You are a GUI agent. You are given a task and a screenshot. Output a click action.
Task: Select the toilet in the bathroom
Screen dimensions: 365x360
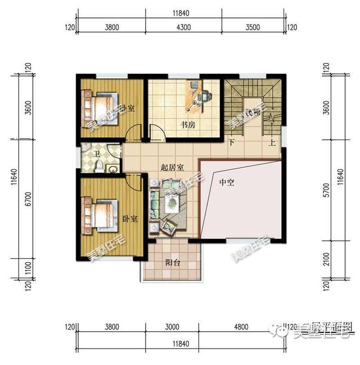click(x=99, y=165)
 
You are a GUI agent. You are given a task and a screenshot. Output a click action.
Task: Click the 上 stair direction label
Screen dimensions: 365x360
click(x=272, y=143)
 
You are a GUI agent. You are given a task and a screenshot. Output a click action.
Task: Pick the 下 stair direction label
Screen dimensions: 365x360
click(x=231, y=143)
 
